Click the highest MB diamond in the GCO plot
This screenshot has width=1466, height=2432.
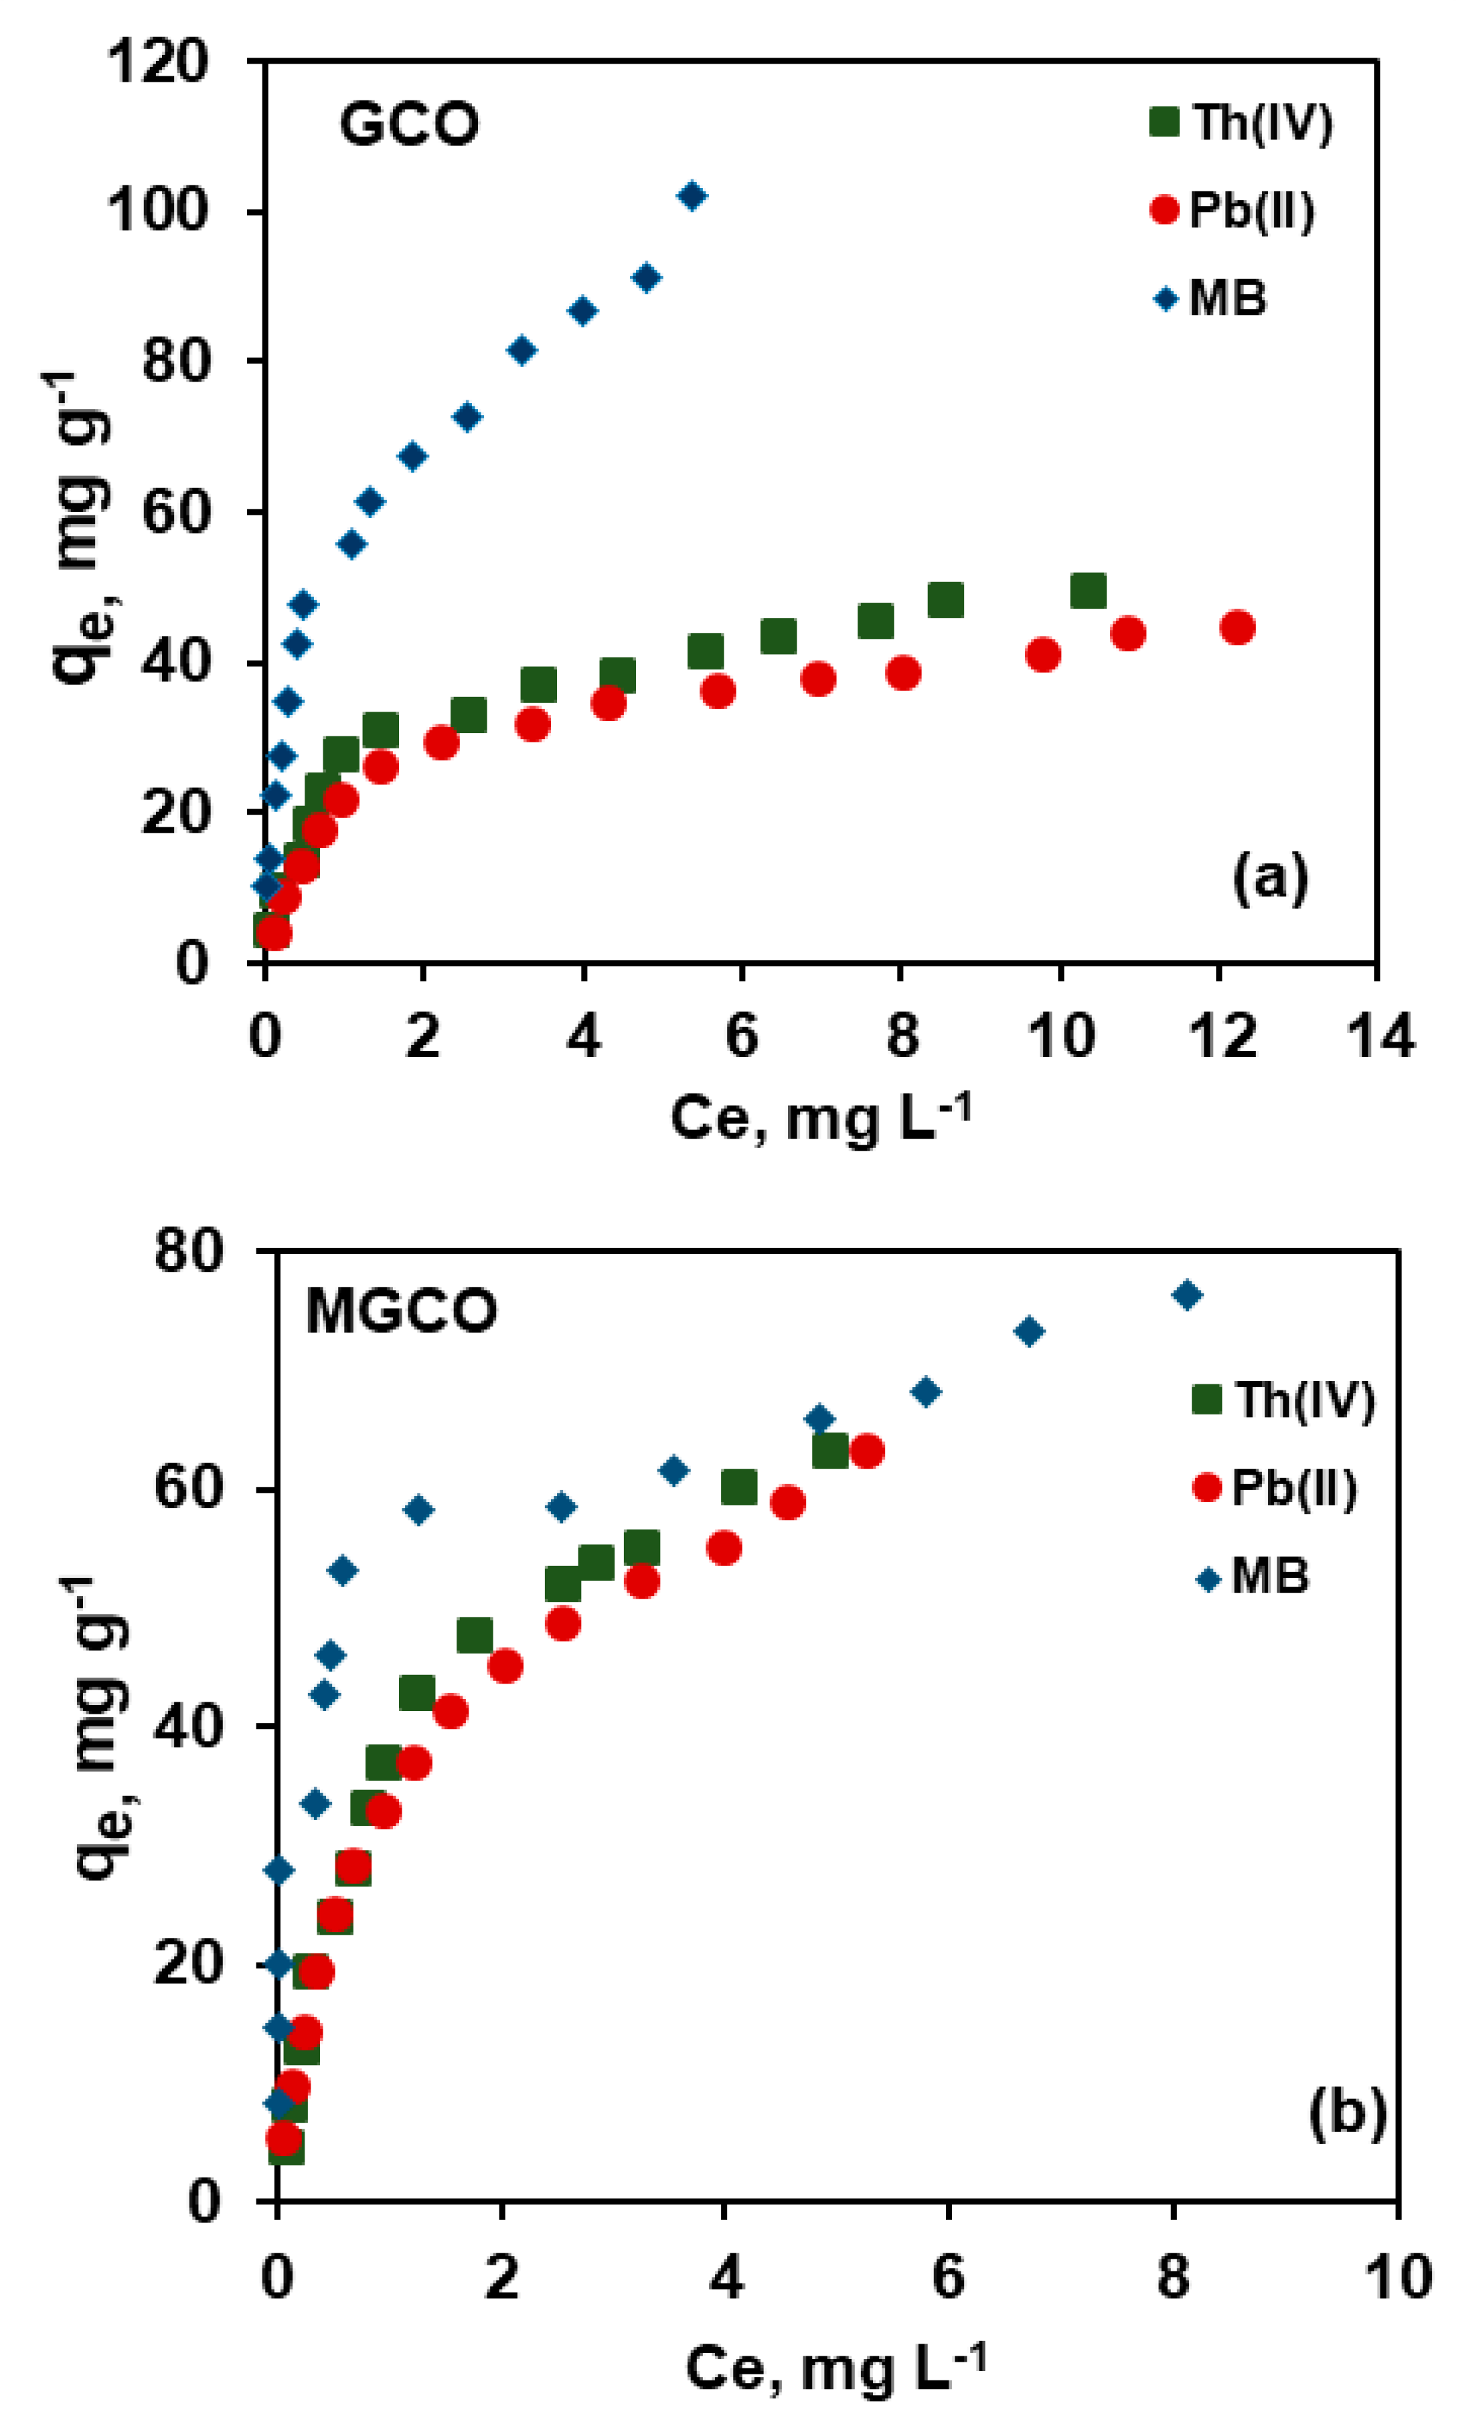click(x=692, y=195)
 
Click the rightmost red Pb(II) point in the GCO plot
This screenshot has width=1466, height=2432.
click(x=1237, y=627)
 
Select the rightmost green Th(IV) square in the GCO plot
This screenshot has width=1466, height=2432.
click(x=1087, y=591)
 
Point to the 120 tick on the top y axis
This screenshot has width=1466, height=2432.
click(x=159, y=61)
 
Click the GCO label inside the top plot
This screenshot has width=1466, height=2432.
click(x=409, y=125)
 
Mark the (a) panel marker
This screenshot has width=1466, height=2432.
click(x=1270, y=876)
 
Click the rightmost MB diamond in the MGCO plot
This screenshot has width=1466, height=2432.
click(x=1187, y=1294)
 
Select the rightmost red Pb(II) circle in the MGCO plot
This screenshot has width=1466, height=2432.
click(x=866, y=1451)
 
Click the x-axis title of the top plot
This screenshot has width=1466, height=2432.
click(x=819, y=1119)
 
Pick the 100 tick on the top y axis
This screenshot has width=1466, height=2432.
click(x=159, y=212)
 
